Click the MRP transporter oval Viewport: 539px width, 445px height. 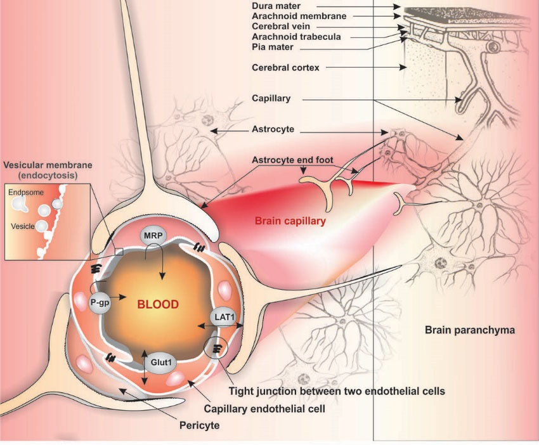tap(152, 235)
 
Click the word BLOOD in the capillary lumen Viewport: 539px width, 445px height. tap(158, 304)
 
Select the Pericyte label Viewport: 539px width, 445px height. tap(198, 425)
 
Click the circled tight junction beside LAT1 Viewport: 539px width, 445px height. tap(216, 348)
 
